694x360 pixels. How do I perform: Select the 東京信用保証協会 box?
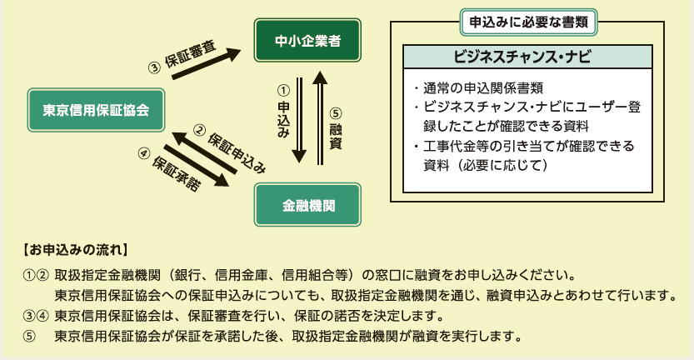coord(96,109)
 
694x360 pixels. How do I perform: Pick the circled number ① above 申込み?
coord(283,89)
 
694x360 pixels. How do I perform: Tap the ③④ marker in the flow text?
coord(36,317)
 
